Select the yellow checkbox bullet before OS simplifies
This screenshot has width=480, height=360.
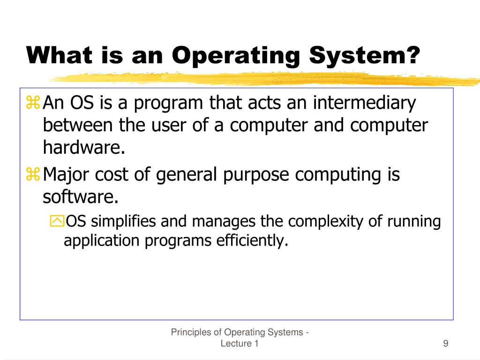[56, 221]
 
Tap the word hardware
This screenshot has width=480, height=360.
[84, 148]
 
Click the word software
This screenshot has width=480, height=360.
[80, 197]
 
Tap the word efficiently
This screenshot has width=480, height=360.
[251, 240]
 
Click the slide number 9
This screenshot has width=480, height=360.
[445, 344]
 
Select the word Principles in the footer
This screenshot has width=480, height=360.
[191, 332]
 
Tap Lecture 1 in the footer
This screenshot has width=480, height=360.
[240, 344]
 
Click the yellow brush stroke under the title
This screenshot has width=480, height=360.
[262, 78]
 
